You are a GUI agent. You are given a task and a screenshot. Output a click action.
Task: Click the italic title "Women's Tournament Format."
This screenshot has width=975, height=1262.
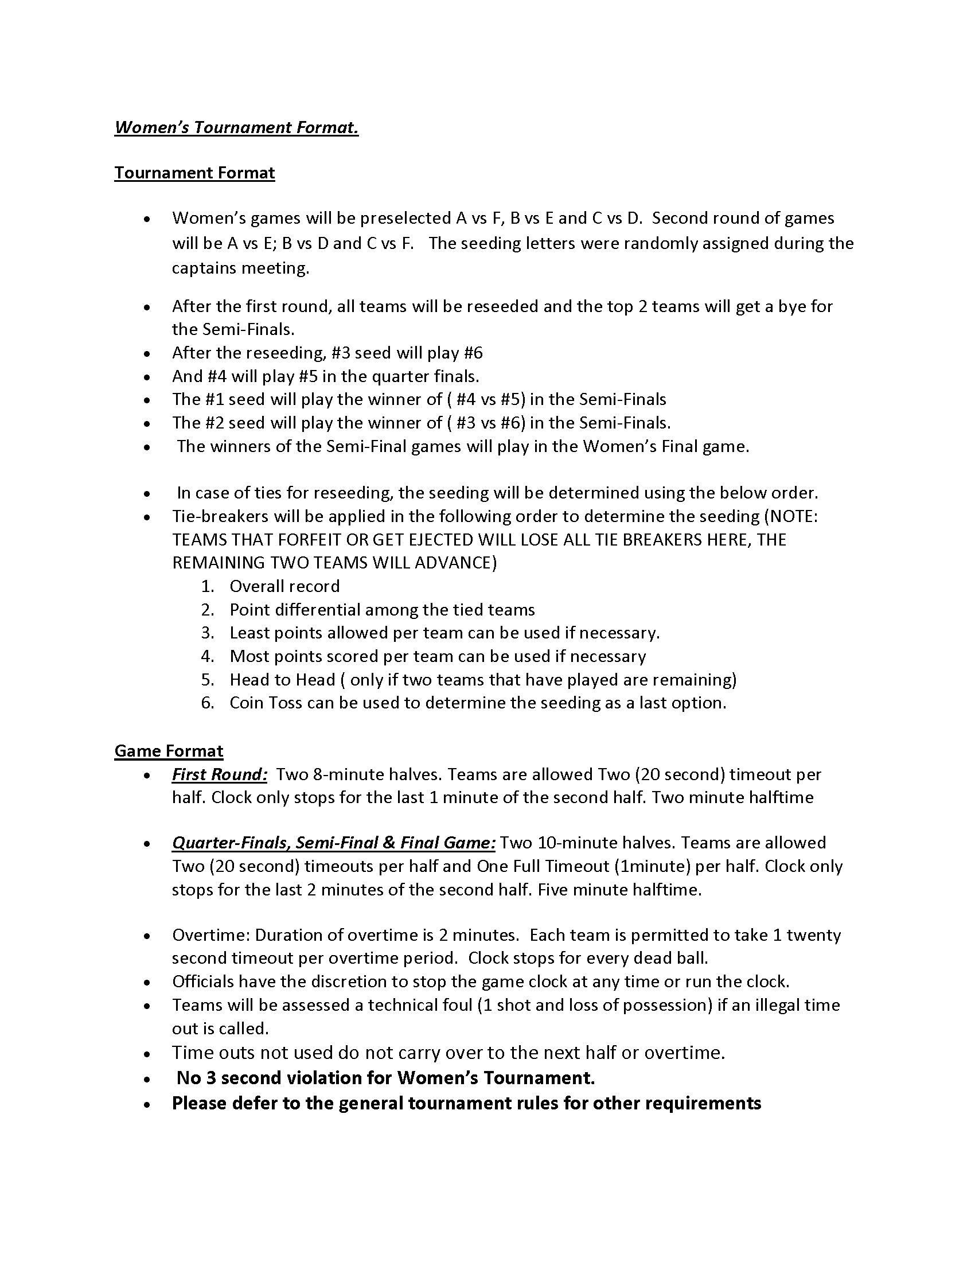coord(236,127)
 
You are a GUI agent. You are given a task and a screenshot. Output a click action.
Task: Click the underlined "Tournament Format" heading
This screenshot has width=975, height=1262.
coord(194,173)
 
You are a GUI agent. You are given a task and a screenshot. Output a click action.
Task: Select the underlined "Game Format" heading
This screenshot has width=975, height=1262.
coord(169,751)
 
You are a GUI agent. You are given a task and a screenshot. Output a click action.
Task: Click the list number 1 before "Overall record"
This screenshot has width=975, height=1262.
coord(208,586)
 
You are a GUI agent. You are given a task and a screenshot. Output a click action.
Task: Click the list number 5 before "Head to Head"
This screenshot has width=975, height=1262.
coord(208,680)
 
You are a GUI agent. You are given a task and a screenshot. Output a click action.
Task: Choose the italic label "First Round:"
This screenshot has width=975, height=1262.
coord(220,774)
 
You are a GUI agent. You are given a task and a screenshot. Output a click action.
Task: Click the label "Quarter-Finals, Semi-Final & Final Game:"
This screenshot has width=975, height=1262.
coord(333,843)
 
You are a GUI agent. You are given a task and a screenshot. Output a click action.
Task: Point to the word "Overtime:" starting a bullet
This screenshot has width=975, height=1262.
coord(211,935)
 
